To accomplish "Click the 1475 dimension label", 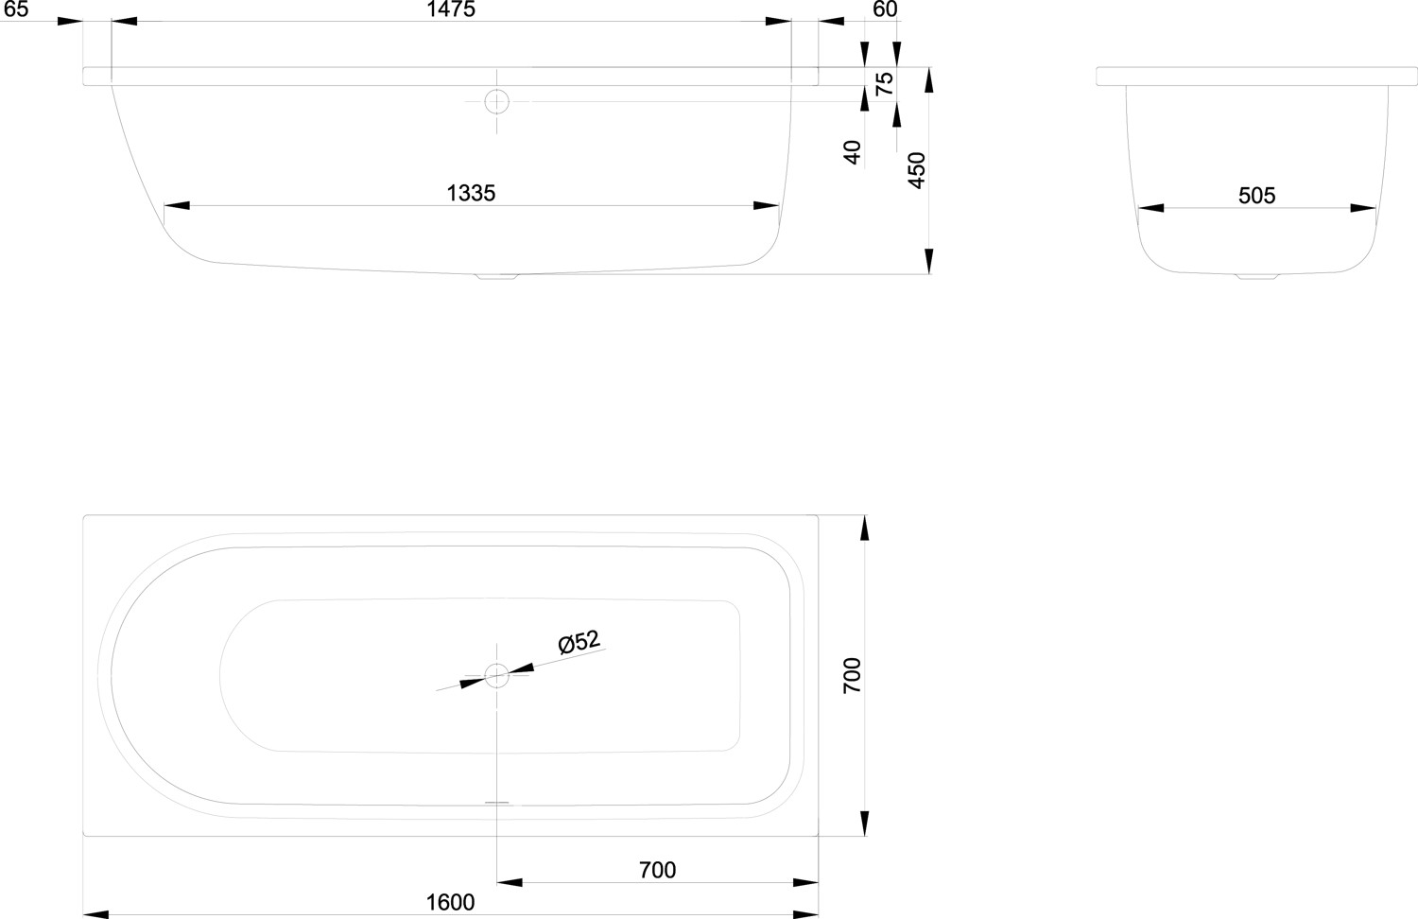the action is point(451,9).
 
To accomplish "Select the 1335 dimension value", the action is point(471,193).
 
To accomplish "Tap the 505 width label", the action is point(1256,196).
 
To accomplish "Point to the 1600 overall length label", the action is point(450,902).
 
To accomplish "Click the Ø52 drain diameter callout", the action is point(579,641).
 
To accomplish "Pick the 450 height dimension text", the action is point(917,170).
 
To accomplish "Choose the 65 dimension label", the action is point(16,9).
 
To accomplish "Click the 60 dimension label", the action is point(885,9).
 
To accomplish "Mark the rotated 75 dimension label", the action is point(884,83).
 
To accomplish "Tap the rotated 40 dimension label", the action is point(852,152).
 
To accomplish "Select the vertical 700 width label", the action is point(852,675).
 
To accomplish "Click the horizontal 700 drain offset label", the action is point(657,870).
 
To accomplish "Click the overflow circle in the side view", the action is point(497,101).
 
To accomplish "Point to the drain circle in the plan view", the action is point(497,675).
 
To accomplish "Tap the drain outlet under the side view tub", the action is point(497,277).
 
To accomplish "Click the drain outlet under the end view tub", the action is point(1257,277).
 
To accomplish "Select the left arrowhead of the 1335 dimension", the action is point(177,206).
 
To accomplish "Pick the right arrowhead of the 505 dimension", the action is point(1363,208).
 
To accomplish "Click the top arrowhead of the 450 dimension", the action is point(928,79).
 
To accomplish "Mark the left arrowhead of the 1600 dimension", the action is point(96,914).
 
